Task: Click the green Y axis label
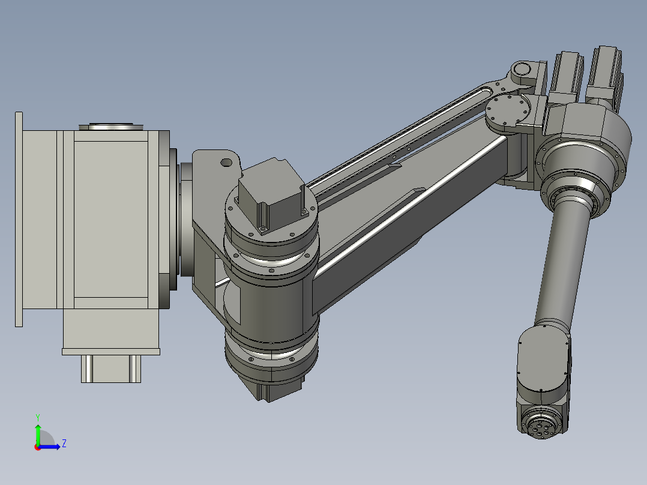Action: [37, 417]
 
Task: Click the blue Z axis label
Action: [64, 444]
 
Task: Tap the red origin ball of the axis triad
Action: [37, 447]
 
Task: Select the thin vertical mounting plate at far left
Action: [19, 219]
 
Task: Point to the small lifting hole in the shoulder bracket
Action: [226, 162]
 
